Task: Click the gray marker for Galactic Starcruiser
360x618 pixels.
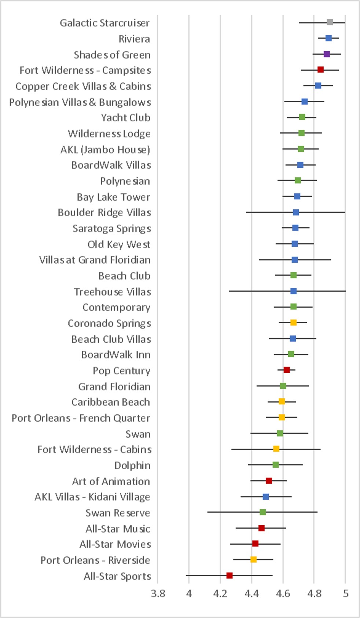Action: click(330, 22)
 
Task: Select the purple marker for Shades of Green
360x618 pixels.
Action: click(327, 54)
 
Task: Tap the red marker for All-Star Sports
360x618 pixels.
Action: click(229, 575)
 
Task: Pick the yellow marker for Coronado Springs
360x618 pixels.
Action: click(293, 323)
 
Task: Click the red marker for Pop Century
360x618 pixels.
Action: click(287, 370)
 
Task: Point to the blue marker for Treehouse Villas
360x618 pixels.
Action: click(293, 291)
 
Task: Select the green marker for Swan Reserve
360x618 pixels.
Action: click(262, 512)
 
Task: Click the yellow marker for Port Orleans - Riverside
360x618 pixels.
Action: click(253, 559)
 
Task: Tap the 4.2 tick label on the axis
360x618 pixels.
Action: click(220, 593)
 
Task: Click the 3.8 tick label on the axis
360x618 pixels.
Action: click(158, 593)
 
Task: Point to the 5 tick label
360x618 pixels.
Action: click(345, 593)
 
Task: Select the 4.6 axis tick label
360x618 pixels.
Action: click(283, 593)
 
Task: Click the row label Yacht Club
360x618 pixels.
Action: click(126, 118)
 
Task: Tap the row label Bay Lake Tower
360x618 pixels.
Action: click(113, 197)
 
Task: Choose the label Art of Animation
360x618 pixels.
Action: click(111, 481)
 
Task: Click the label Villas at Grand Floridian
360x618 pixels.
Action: click(95, 260)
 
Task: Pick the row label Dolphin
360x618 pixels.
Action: click(132, 466)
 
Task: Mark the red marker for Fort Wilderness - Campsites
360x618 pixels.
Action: click(320, 70)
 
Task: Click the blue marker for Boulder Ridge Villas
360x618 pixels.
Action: click(296, 212)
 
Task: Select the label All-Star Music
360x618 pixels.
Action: click(118, 529)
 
